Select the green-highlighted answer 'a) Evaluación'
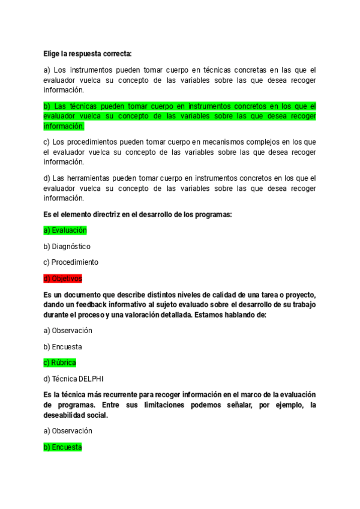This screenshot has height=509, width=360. coord(65,230)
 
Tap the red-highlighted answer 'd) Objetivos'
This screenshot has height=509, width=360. coord(62,279)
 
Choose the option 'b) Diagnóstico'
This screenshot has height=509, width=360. coord(67,246)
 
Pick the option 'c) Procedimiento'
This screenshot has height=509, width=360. coord(71,262)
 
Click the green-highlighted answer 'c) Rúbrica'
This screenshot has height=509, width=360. coord(59,363)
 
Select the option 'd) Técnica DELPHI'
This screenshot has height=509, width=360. coord(73,379)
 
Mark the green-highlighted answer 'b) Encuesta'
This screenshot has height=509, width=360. coord(62,447)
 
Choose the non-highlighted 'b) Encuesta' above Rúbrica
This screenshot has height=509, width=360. coord(62,346)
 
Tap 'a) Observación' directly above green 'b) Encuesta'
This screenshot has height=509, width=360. coord(67,431)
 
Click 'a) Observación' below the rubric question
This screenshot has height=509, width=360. coord(67,330)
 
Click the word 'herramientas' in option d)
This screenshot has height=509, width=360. coord(91,178)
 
